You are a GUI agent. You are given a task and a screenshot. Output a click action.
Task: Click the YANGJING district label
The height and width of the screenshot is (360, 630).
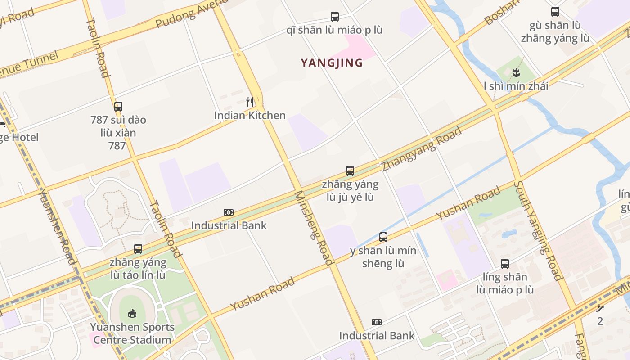coord(332,63)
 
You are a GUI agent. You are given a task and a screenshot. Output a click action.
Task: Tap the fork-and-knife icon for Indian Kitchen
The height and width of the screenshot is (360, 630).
coord(250,102)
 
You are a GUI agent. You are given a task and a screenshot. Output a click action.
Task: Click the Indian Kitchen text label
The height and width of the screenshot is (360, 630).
coord(250,116)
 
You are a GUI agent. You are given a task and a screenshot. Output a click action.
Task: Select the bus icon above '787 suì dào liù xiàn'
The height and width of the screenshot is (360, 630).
coord(118,107)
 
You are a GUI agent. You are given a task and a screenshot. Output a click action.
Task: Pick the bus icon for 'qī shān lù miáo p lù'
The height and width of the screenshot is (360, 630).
coord(335,17)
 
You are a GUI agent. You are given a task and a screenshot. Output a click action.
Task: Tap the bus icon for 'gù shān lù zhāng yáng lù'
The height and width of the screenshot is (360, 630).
coord(555,12)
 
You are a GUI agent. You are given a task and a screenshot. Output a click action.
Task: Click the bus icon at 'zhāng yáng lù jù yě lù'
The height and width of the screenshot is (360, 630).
coord(350,171)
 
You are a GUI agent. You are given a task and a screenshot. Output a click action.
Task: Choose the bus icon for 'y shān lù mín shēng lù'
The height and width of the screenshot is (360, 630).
coord(383,237)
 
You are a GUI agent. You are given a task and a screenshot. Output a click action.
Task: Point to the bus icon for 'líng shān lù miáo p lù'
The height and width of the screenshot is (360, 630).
coord(505,264)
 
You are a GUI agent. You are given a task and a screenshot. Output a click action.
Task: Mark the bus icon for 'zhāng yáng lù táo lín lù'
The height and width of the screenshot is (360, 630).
coord(138,248)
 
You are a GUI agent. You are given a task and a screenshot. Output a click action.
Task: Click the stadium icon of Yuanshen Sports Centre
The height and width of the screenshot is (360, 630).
coord(132,313)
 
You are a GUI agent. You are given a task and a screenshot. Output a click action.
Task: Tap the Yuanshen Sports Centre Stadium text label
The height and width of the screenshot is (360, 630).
coord(132,333)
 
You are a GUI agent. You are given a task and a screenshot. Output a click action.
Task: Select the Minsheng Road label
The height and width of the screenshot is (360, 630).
coord(314,228)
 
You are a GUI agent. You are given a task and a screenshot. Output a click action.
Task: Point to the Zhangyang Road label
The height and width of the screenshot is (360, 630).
coord(422,149)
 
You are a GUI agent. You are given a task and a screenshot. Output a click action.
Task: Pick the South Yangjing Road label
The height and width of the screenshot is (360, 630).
coord(538,230)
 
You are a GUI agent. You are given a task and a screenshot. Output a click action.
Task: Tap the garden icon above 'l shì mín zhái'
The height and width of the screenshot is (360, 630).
coord(516,72)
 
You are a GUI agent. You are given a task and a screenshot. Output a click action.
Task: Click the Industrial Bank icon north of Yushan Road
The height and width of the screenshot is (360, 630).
coord(229,212)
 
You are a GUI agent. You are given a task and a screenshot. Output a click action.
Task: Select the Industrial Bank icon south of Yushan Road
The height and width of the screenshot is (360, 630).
coord(377,322)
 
